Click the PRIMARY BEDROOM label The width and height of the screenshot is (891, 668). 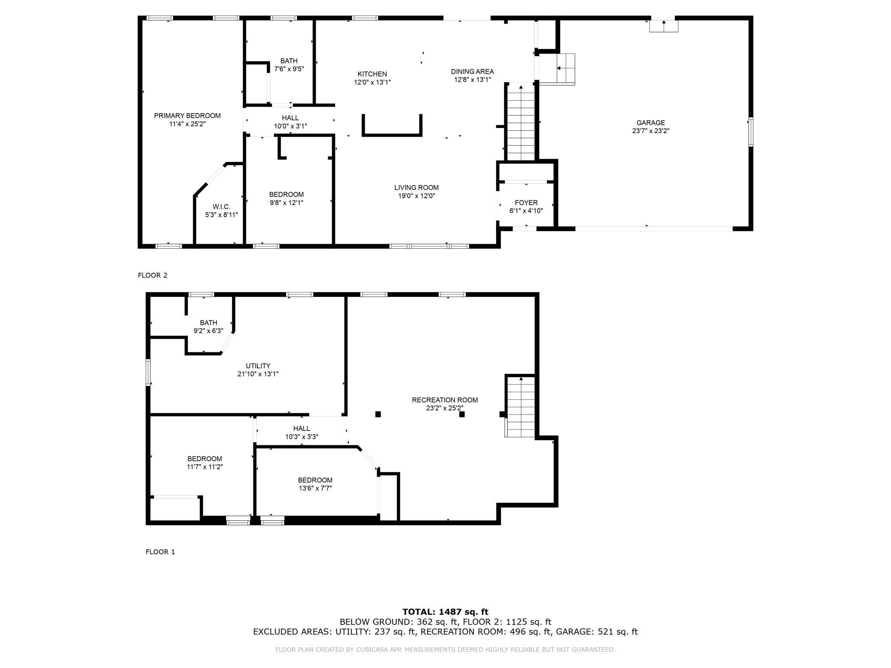pyautogui.click(x=187, y=116)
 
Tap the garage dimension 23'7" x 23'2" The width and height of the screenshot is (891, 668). pyautogui.click(x=650, y=131)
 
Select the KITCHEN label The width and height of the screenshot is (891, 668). pyautogui.click(x=372, y=74)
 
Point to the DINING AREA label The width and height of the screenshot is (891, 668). pyautogui.click(x=472, y=72)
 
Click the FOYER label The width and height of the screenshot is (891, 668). pyautogui.click(x=526, y=203)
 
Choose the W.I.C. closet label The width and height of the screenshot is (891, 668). pyautogui.click(x=221, y=207)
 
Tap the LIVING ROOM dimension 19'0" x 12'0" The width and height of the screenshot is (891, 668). pyautogui.click(x=416, y=196)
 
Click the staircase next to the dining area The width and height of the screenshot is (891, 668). pyautogui.click(x=521, y=122)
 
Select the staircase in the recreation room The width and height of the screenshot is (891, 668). pyautogui.click(x=520, y=407)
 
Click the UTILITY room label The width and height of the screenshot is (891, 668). pyautogui.click(x=258, y=366)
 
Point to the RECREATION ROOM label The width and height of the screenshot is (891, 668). pyautogui.click(x=445, y=400)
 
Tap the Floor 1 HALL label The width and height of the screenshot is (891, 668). pyautogui.click(x=302, y=428)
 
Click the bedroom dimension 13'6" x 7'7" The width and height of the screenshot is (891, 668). pyautogui.click(x=315, y=488)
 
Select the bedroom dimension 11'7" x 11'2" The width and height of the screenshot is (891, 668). pyautogui.click(x=204, y=467)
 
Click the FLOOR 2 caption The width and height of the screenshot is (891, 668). pyautogui.click(x=152, y=275)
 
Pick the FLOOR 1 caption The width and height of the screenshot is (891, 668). pyautogui.click(x=160, y=552)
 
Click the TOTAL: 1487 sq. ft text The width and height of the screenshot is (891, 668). pyautogui.click(x=445, y=612)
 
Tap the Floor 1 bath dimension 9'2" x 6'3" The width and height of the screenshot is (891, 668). pyautogui.click(x=208, y=331)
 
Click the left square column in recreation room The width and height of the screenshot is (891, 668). pyautogui.click(x=378, y=414)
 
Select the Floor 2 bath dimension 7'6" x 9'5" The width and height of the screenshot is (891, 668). pyautogui.click(x=289, y=69)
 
